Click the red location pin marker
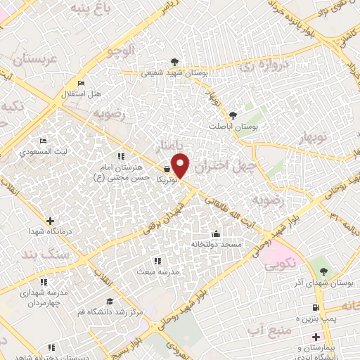[x=181, y=166]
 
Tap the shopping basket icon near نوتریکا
[x=167, y=169]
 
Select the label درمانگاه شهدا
[x=47, y=231]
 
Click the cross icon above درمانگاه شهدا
[x=49, y=221]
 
